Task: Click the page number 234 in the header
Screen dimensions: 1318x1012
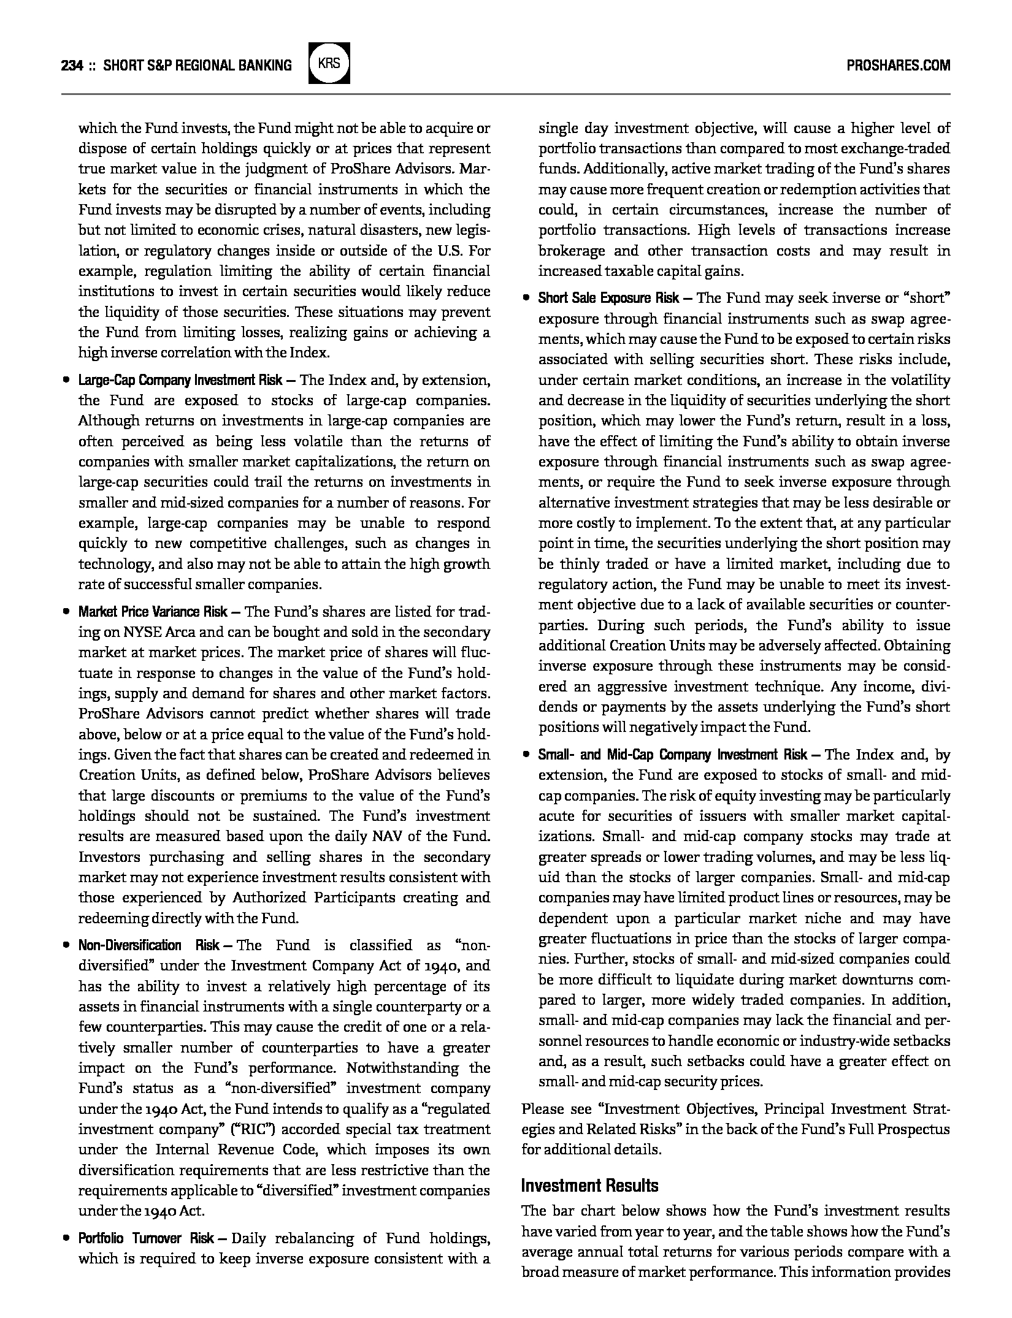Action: [x=72, y=65]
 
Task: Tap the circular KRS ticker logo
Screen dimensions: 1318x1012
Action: [x=329, y=63]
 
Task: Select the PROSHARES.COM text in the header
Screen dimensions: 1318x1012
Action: [x=898, y=65]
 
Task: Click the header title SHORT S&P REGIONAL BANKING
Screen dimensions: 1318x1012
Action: [x=197, y=65]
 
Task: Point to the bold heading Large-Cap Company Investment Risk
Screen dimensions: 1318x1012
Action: [x=180, y=381]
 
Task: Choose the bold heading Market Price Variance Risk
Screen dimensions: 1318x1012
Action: [x=153, y=612]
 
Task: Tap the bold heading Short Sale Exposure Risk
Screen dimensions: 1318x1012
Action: [x=608, y=299]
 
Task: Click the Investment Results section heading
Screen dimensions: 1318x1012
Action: [x=589, y=1186]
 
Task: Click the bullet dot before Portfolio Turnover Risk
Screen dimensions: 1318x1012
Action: [x=66, y=1238]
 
